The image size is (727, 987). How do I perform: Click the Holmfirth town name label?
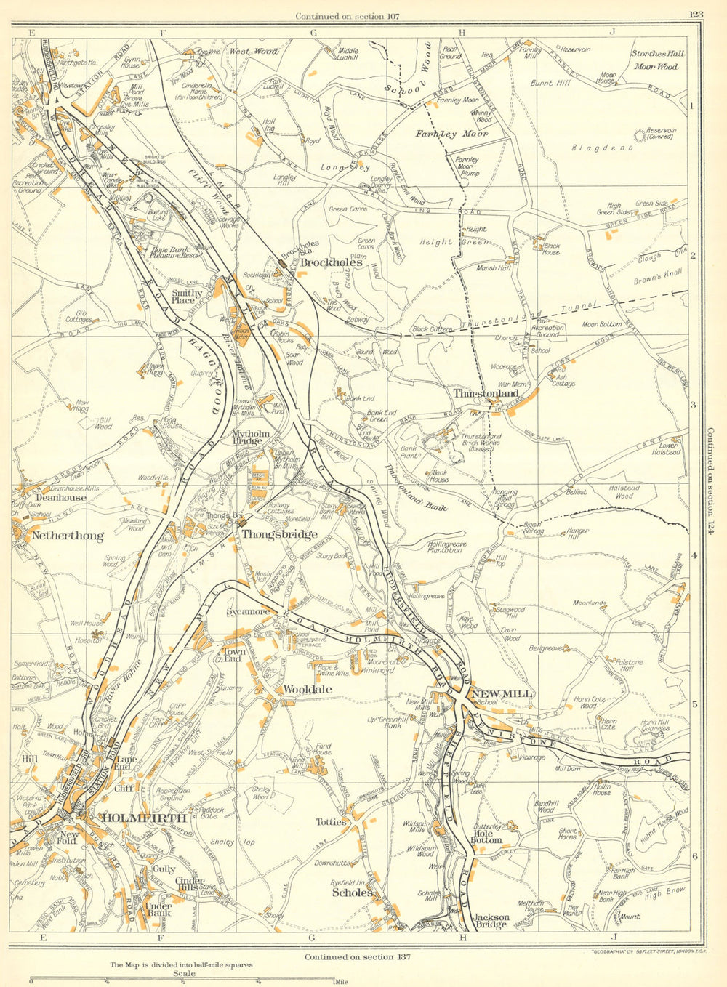145,818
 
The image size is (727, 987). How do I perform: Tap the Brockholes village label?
332,262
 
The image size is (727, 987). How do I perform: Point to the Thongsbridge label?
280,535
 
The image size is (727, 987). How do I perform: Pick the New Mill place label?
502,694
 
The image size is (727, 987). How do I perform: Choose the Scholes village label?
353,893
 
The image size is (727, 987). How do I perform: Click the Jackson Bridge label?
491,922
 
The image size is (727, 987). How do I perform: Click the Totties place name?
332,822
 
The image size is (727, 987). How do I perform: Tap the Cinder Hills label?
191,885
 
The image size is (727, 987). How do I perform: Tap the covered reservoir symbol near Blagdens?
641,135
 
